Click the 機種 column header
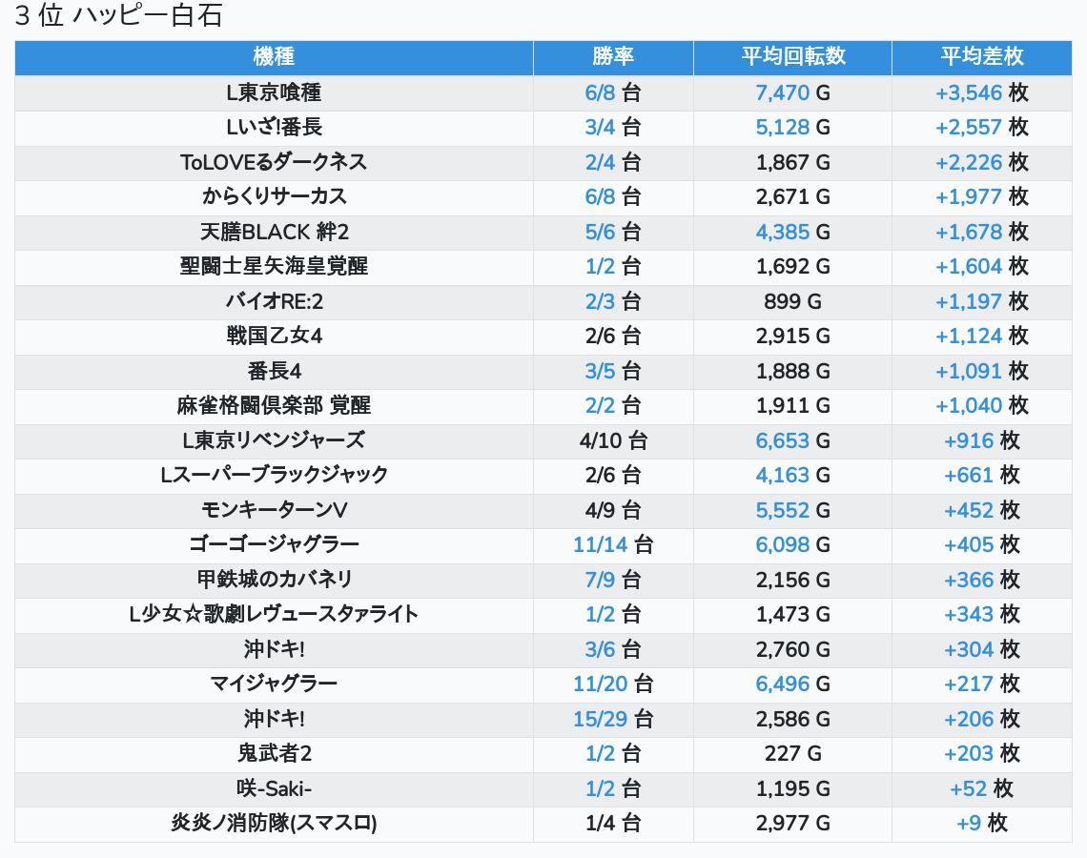274,57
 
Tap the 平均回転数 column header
792,57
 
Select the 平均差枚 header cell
981,57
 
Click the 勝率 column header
613,57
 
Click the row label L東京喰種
274,92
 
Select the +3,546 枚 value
981,92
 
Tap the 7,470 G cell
792,92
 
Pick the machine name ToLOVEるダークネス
274,162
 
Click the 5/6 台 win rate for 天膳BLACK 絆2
613,232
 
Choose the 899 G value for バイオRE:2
792,301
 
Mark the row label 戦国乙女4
274,337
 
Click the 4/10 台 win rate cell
613,440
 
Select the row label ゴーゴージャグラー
274,545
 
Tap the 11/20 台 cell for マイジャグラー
613,684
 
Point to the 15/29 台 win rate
613,719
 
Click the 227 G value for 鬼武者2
792,754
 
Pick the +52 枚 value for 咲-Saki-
981,788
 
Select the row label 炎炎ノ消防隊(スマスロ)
274,824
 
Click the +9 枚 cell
981,824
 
